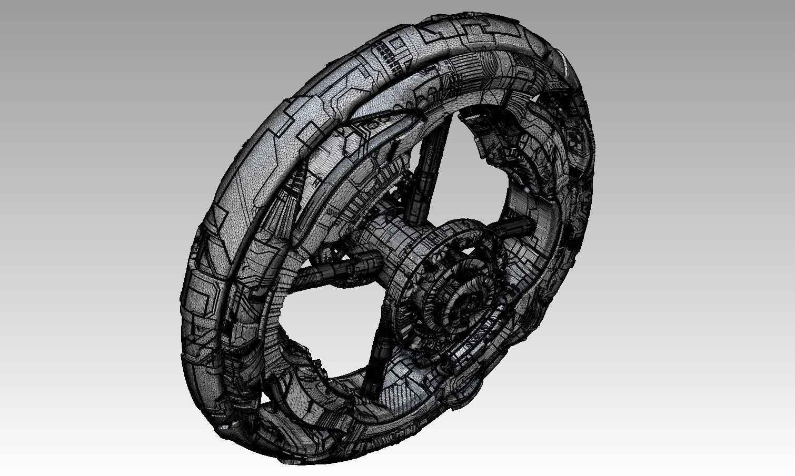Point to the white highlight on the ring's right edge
pyautogui.click(x=564, y=66)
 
